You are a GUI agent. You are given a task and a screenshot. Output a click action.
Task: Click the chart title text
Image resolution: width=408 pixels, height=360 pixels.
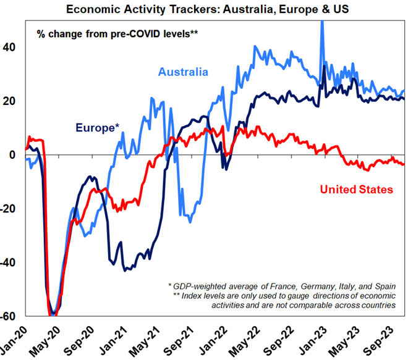tap(204, 8)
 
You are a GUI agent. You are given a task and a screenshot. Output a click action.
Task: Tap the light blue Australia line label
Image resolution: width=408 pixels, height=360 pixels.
tap(183, 72)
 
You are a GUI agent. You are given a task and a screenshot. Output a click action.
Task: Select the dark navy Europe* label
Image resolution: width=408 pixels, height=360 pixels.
tap(98, 128)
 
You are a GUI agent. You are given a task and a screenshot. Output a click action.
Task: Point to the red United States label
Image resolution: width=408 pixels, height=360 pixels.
tap(357, 189)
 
